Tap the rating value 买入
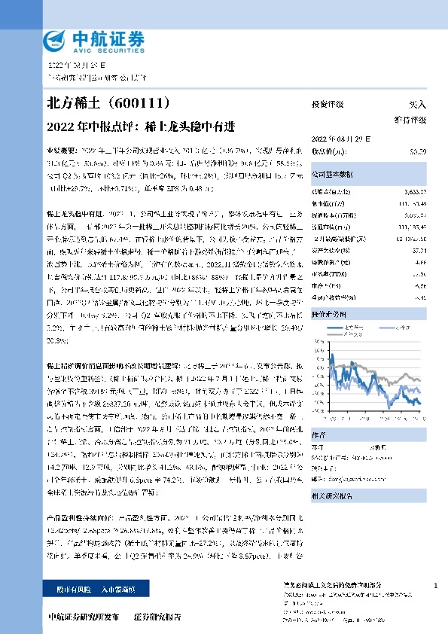point(417,104)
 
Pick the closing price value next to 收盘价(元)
point(418,151)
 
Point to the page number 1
point(436,585)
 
